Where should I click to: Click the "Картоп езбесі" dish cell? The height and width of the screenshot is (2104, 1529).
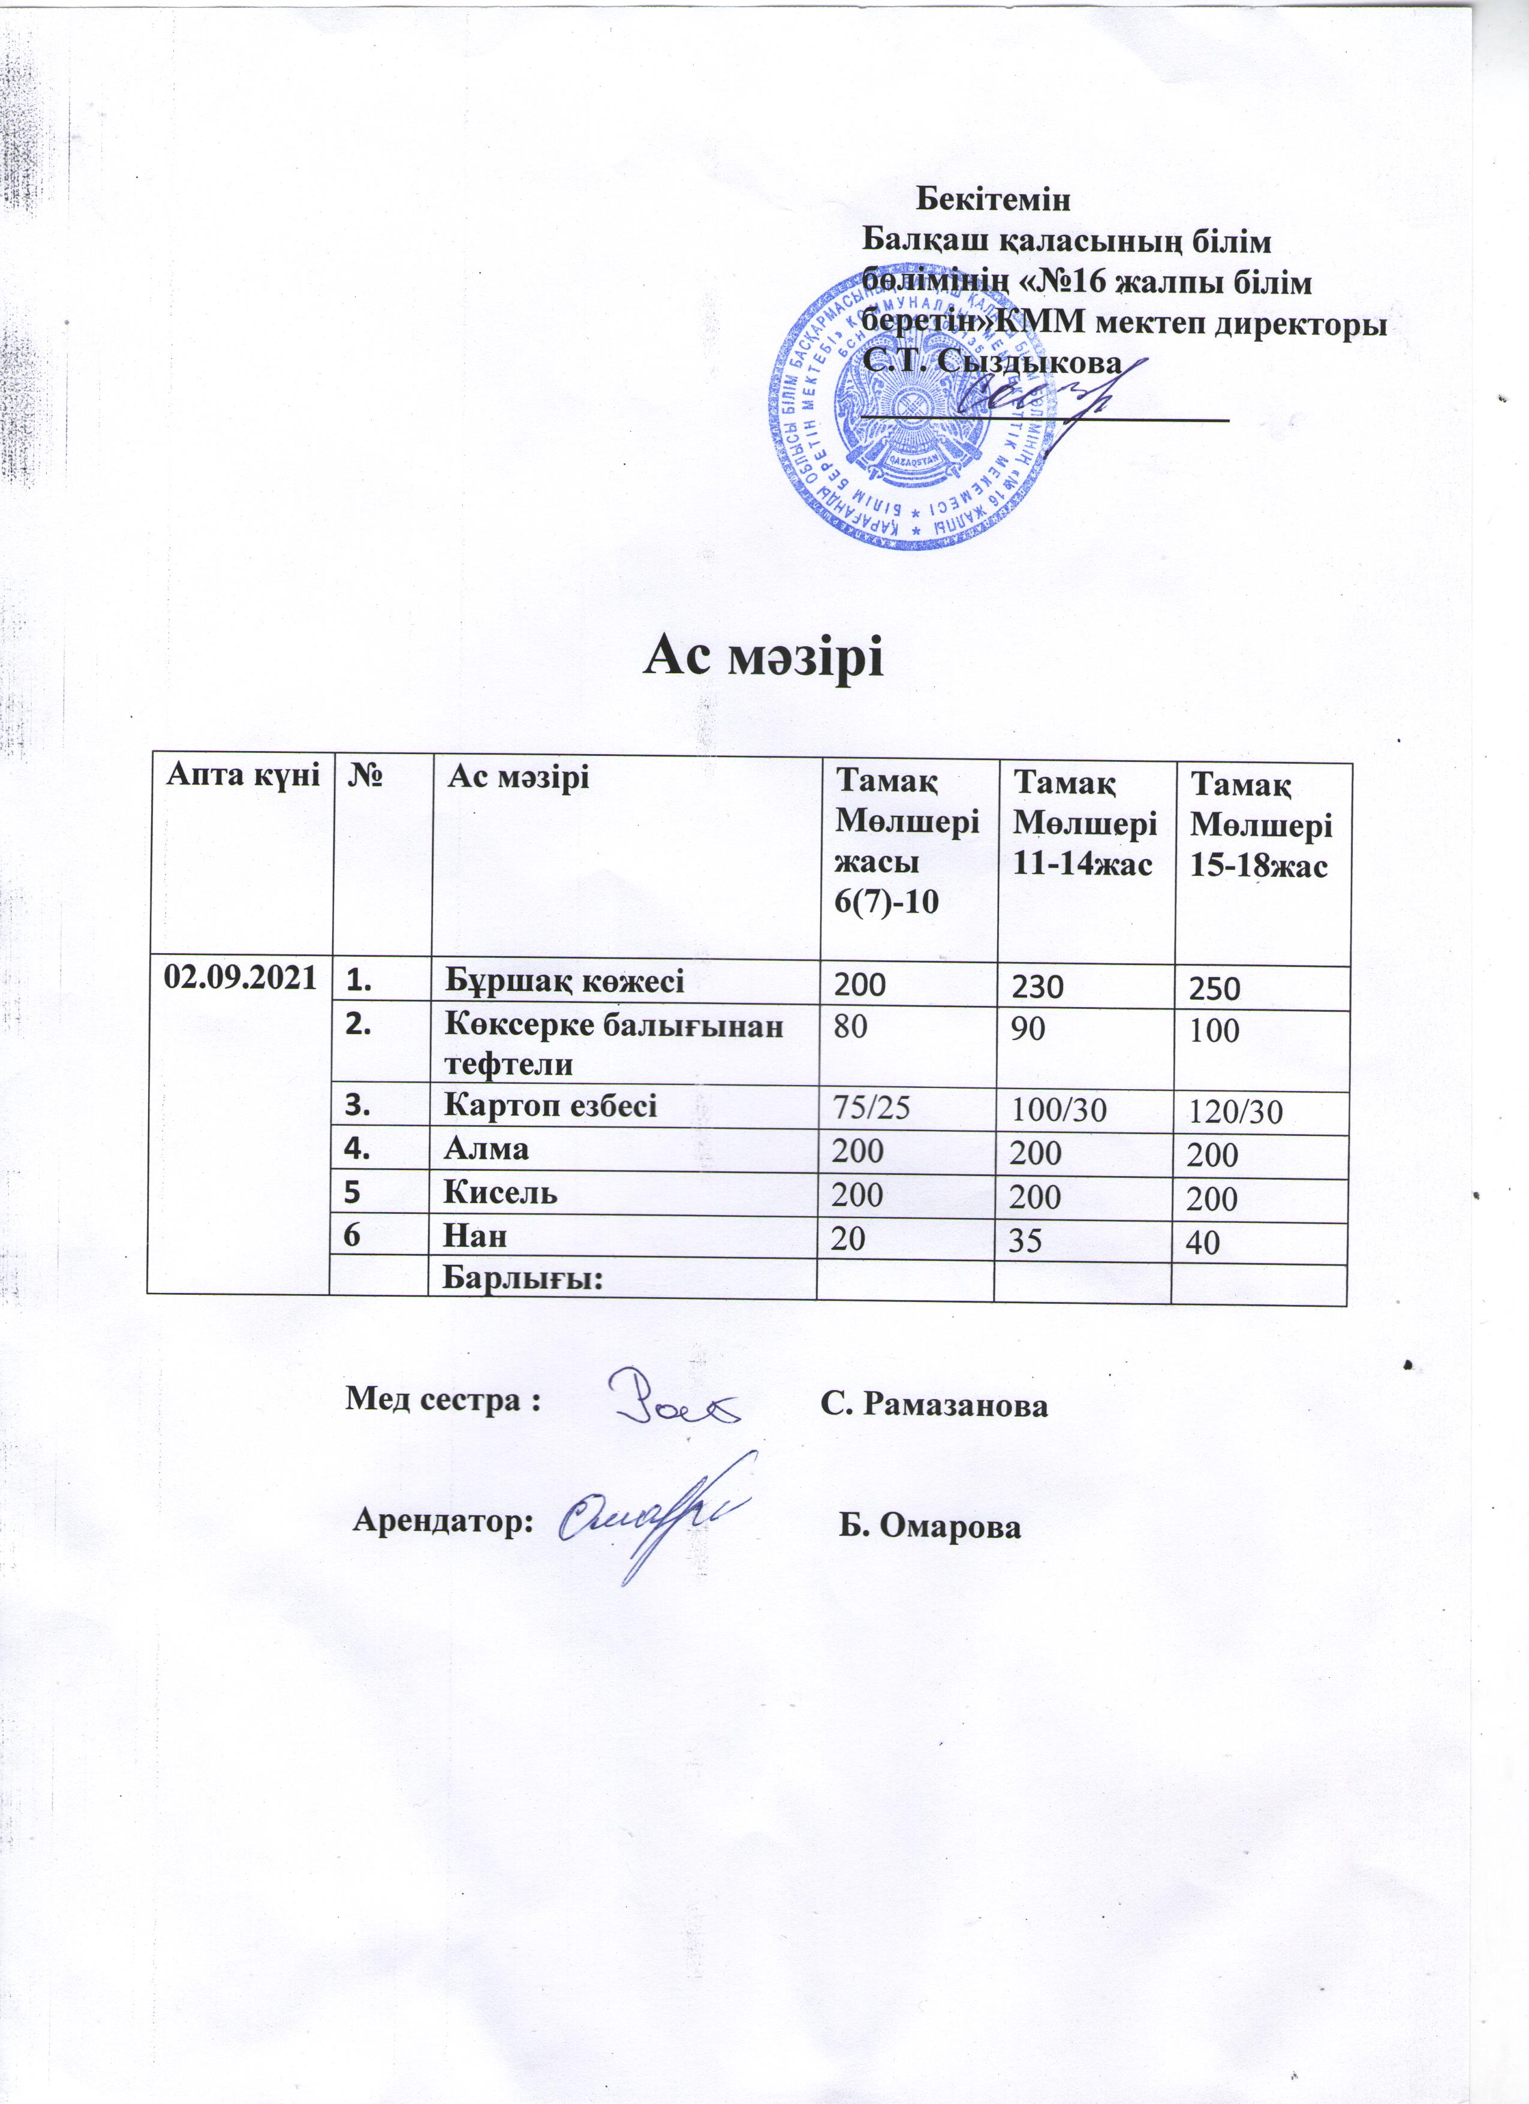click(550, 1106)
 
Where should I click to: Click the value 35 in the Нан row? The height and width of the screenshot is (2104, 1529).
click(1025, 1240)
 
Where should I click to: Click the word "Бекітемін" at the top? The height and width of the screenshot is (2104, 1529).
click(993, 200)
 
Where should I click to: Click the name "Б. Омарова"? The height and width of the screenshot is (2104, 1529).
click(929, 1527)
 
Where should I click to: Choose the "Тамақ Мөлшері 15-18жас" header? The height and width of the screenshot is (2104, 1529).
click(1261, 825)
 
